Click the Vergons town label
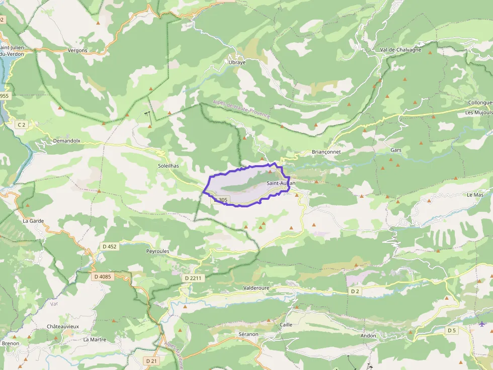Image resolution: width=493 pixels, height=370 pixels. pyautogui.click(x=77, y=50)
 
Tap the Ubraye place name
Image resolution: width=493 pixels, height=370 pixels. pyautogui.click(x=237, y=62)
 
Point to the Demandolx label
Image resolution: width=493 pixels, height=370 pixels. pyautogui.click(x=66, y=141)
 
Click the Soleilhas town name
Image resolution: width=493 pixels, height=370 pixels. pyautogui.click(x=169, y=165)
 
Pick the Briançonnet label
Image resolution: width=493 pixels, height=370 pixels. pyautogui.click(x=326, y=152)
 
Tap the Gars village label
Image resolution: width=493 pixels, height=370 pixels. pyautogui.click(x=396, y=150)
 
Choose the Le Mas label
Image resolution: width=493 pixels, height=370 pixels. pyautogui.click(x=475, y=194)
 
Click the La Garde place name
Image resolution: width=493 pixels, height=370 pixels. pyautogui.click(x=33, y=221)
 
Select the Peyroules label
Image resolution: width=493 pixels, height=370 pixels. pyautogui.click(x=157, y=251)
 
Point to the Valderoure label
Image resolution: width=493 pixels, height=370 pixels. pyautogui.click(x=256, y=288)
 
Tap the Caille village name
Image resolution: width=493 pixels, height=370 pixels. pyautogui.click(x=286, y=325)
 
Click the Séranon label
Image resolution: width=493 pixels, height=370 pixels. pyautogui.click(x=248, y=334)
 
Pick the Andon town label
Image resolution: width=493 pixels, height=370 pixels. pyautogui.click(x=368, y=335)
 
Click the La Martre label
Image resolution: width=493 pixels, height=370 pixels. pyautogui.click(x=95, y=339)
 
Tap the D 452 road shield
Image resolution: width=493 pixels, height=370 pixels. pyautogui.click(x=109, y=246)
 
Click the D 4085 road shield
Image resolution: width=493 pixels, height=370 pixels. pyautogui.click(x=102, y=277)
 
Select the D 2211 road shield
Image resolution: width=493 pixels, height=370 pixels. pyautogui.click(x=193, y=278)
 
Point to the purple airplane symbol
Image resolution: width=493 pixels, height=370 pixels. pyautogui.click(x=482, y=323)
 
